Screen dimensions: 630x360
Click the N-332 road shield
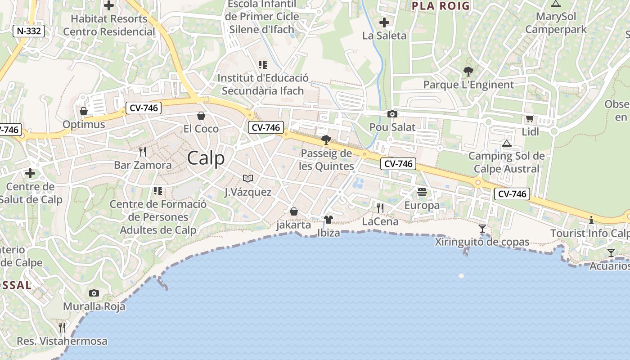29,31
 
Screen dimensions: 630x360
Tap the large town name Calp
206,158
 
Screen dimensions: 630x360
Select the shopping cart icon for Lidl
530,119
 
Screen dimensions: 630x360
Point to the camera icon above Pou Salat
392,114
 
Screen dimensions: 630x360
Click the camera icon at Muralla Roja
94,293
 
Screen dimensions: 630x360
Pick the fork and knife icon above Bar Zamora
143,151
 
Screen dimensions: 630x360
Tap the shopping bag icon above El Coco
201,116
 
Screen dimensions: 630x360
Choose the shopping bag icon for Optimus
84,111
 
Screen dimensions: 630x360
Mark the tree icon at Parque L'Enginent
468,71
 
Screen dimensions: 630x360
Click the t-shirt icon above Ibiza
328,220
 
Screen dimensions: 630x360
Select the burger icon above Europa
422,192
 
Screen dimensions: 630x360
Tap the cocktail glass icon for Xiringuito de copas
482,229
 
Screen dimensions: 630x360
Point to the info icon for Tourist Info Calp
591,220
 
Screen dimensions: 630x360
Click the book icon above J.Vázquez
247,179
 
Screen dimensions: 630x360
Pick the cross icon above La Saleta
384,22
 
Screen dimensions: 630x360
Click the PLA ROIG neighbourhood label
441,6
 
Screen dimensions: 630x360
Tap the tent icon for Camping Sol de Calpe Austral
507,143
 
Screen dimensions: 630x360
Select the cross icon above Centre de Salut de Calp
30,173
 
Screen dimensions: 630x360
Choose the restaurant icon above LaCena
380,208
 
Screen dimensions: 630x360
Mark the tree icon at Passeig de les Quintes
326,140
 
